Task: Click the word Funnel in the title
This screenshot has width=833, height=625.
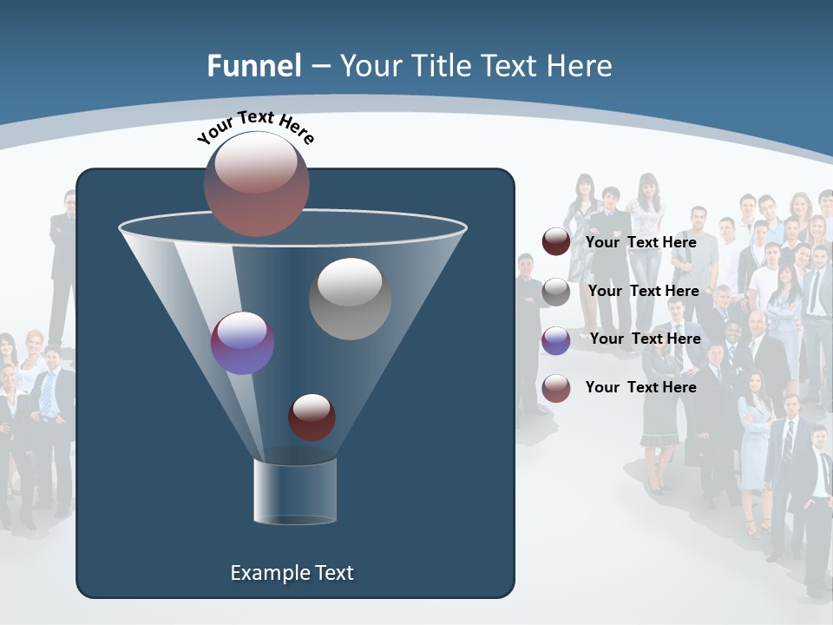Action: coord(253,66)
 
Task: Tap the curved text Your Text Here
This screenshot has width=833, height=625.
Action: coord(255,127)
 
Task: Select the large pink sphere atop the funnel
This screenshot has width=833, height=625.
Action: coord(257,183)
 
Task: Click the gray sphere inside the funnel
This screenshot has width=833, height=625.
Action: coord(350,298)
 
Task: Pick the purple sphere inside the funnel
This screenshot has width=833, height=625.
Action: coord(243,343)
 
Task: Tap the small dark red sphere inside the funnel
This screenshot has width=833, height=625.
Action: coord(312,417)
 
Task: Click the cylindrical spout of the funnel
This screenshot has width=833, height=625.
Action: coord(295,490)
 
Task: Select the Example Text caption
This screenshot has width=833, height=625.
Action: coord(292,573)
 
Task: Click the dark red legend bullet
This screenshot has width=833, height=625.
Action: coord(556,242)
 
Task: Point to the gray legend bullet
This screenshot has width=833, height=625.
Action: coord(556,292)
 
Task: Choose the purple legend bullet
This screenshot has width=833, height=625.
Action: coord(556,340)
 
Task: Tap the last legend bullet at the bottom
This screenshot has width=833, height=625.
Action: coord(556,388)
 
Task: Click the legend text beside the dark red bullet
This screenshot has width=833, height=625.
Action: coord(640,242)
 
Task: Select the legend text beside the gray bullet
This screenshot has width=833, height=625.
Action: coord(643,291)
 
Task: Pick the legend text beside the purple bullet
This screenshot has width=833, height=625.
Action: coord(645,339)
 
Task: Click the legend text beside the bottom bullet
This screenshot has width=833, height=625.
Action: coord(640,387)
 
